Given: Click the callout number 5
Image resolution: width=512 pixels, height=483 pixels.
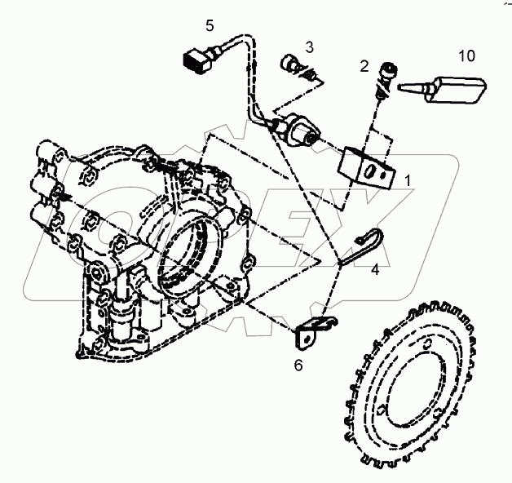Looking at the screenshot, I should (210, 26).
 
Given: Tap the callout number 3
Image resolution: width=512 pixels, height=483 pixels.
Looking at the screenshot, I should (310, 46).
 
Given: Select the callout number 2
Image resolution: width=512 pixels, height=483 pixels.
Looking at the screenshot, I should (365, 64).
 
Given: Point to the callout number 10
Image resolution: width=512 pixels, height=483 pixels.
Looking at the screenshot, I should (466, 56).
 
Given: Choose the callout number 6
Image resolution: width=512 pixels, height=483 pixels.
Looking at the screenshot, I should (298, 365).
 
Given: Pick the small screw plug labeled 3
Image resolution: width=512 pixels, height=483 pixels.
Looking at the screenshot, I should (294, 66).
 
